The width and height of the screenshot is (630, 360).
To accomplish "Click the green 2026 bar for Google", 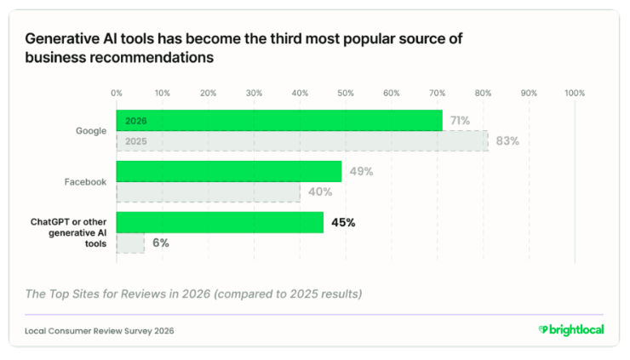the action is click(x=279, y=120).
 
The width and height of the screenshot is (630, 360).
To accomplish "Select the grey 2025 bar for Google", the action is click(x=302, y=141).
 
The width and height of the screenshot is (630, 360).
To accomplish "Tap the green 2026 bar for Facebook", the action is click(x=229, y=171).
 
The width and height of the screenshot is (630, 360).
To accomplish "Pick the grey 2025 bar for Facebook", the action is click(x=208, y=192).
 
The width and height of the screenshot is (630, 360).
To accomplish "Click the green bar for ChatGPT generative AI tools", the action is click(x=220, y=222).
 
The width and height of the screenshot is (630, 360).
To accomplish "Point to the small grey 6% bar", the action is click(x=130, y=243).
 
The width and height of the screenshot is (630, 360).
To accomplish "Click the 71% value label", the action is click(x=460, y=121).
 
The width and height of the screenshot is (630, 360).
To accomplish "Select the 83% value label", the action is click(x=507, y=141).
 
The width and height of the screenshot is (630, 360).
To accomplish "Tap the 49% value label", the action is click(x=361, y=172).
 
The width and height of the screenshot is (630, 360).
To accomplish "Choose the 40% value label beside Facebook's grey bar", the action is click(x=320, y=192).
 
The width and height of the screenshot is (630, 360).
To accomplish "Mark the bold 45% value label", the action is click(x=343, y=223).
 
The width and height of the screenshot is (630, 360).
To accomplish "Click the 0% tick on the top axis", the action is click(x=117, y=94).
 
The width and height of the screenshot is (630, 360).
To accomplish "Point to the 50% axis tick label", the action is click(x=346, y=94).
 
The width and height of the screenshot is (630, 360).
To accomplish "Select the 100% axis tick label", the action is click(x=575, y=94).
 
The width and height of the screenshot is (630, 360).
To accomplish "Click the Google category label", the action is click(x=91, y=131).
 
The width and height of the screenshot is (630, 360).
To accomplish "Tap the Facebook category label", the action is click(x=86, y=182).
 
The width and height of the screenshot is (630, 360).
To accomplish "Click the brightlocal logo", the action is click(x=571, y=330).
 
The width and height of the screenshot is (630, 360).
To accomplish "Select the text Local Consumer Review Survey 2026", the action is click(x=100, y=331).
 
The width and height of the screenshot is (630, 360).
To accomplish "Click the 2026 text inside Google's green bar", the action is click(x=136, y=121).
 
